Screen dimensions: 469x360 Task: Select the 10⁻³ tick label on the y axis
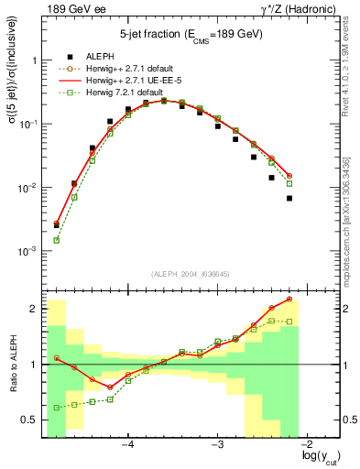(x=27, y=251)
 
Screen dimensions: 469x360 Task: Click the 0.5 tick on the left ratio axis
(x=29, y=420)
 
